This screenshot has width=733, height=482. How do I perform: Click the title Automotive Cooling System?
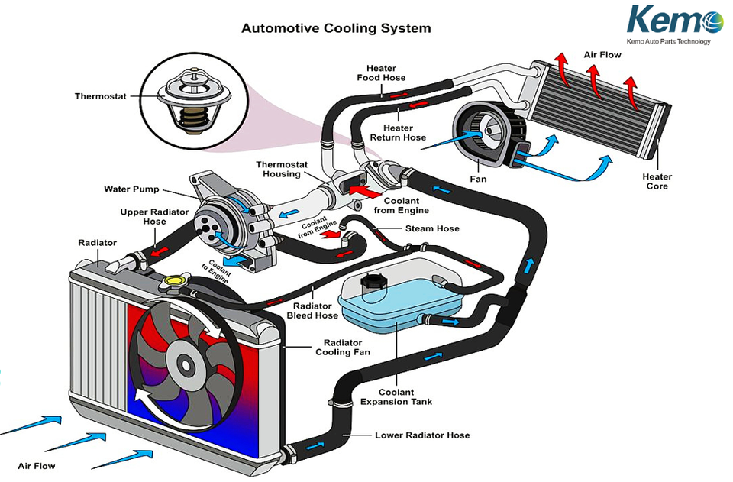336,29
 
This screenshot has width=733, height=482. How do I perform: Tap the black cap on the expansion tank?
373,281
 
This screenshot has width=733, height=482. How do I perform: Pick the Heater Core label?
656,181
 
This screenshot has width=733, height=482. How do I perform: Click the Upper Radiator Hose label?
144,216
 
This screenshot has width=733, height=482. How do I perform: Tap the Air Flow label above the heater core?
602,55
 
